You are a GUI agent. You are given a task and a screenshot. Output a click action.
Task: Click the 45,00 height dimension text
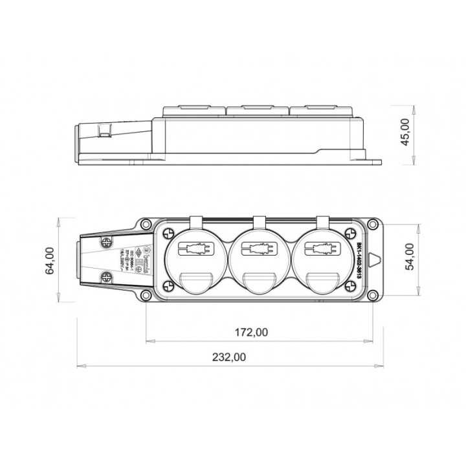click(406, 132)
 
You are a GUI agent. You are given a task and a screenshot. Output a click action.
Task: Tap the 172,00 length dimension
click(250, 332)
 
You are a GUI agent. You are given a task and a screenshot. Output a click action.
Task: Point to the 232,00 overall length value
click(230, 357)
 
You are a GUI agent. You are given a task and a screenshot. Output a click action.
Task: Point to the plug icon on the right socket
click(320, 249)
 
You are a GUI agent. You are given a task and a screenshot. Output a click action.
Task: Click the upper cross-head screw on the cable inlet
click(104, 241)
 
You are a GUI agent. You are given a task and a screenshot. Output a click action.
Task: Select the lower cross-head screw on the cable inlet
click(104, 278)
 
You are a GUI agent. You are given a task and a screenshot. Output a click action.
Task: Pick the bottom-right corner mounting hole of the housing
click(372, 296)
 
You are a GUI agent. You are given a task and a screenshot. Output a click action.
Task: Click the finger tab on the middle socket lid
click(256, 280)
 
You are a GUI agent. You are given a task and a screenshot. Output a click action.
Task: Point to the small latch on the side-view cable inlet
click(104, 131)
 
